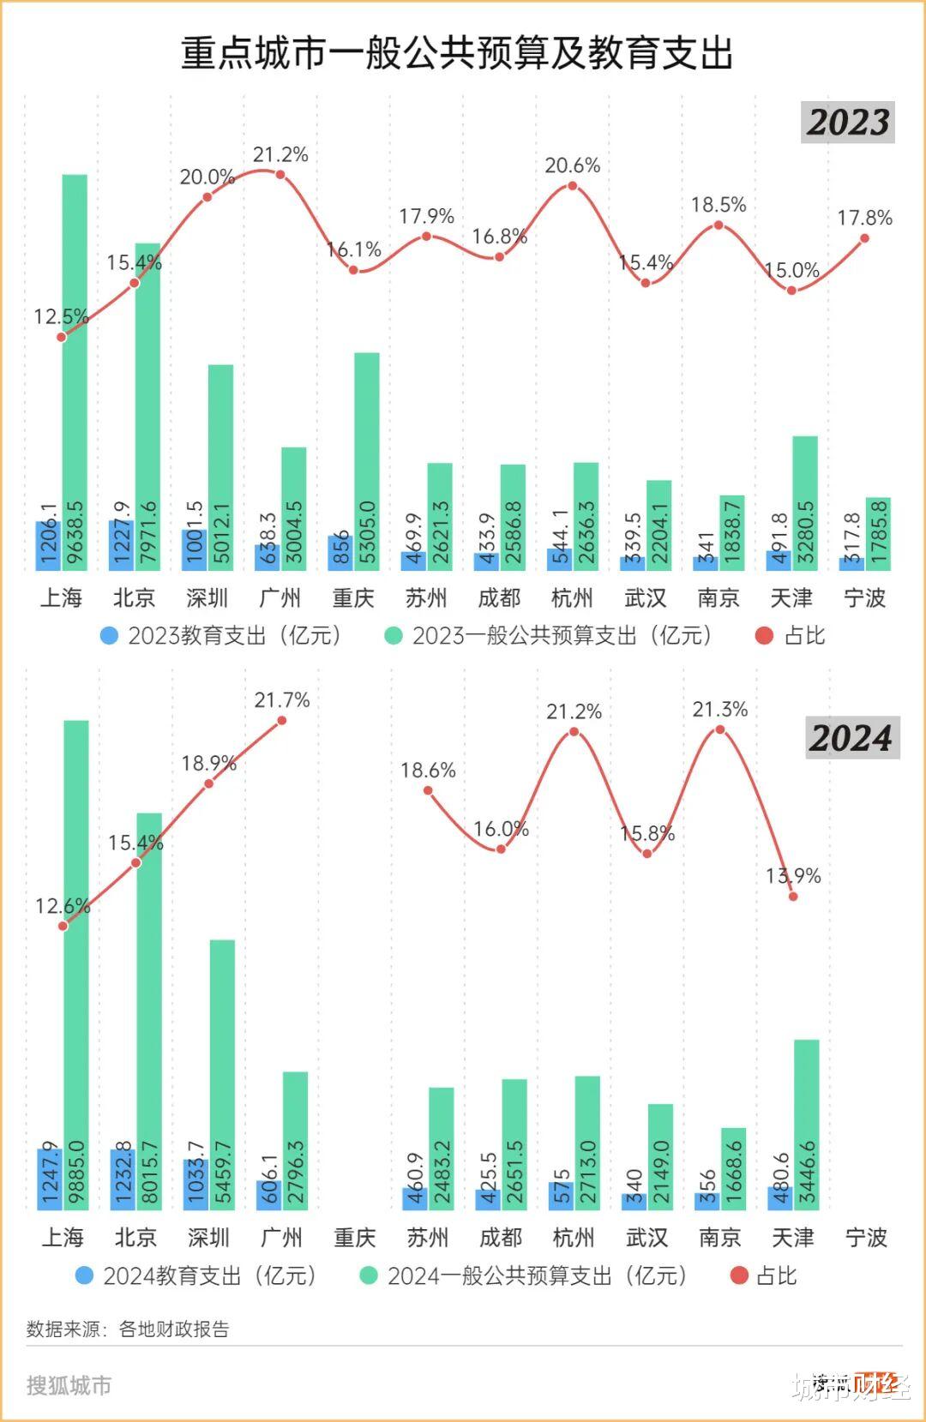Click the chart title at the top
click(457, 53)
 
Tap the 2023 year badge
click(848, 123)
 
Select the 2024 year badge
click(851, 738)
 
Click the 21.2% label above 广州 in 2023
click(280, 155)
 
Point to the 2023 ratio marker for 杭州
click(572, 185)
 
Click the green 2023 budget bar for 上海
click(75, 372)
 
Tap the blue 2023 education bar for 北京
click(121, 545)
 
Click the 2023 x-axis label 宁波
click(864, 598)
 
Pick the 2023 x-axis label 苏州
click(426, 598)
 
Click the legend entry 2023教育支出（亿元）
click(221, 636)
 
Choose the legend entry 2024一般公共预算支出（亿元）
click(524, 1276)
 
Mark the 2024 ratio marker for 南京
click(720, 729)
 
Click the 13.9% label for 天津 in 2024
click(793, 876)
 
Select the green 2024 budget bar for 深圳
click(222, 1075)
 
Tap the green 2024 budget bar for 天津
click(807, 1125)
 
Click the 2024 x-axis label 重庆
click(355, 1238)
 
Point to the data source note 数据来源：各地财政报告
click(128, 1329)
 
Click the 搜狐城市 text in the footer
click(69, 1386)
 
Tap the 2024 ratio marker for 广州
click(282, 720)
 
